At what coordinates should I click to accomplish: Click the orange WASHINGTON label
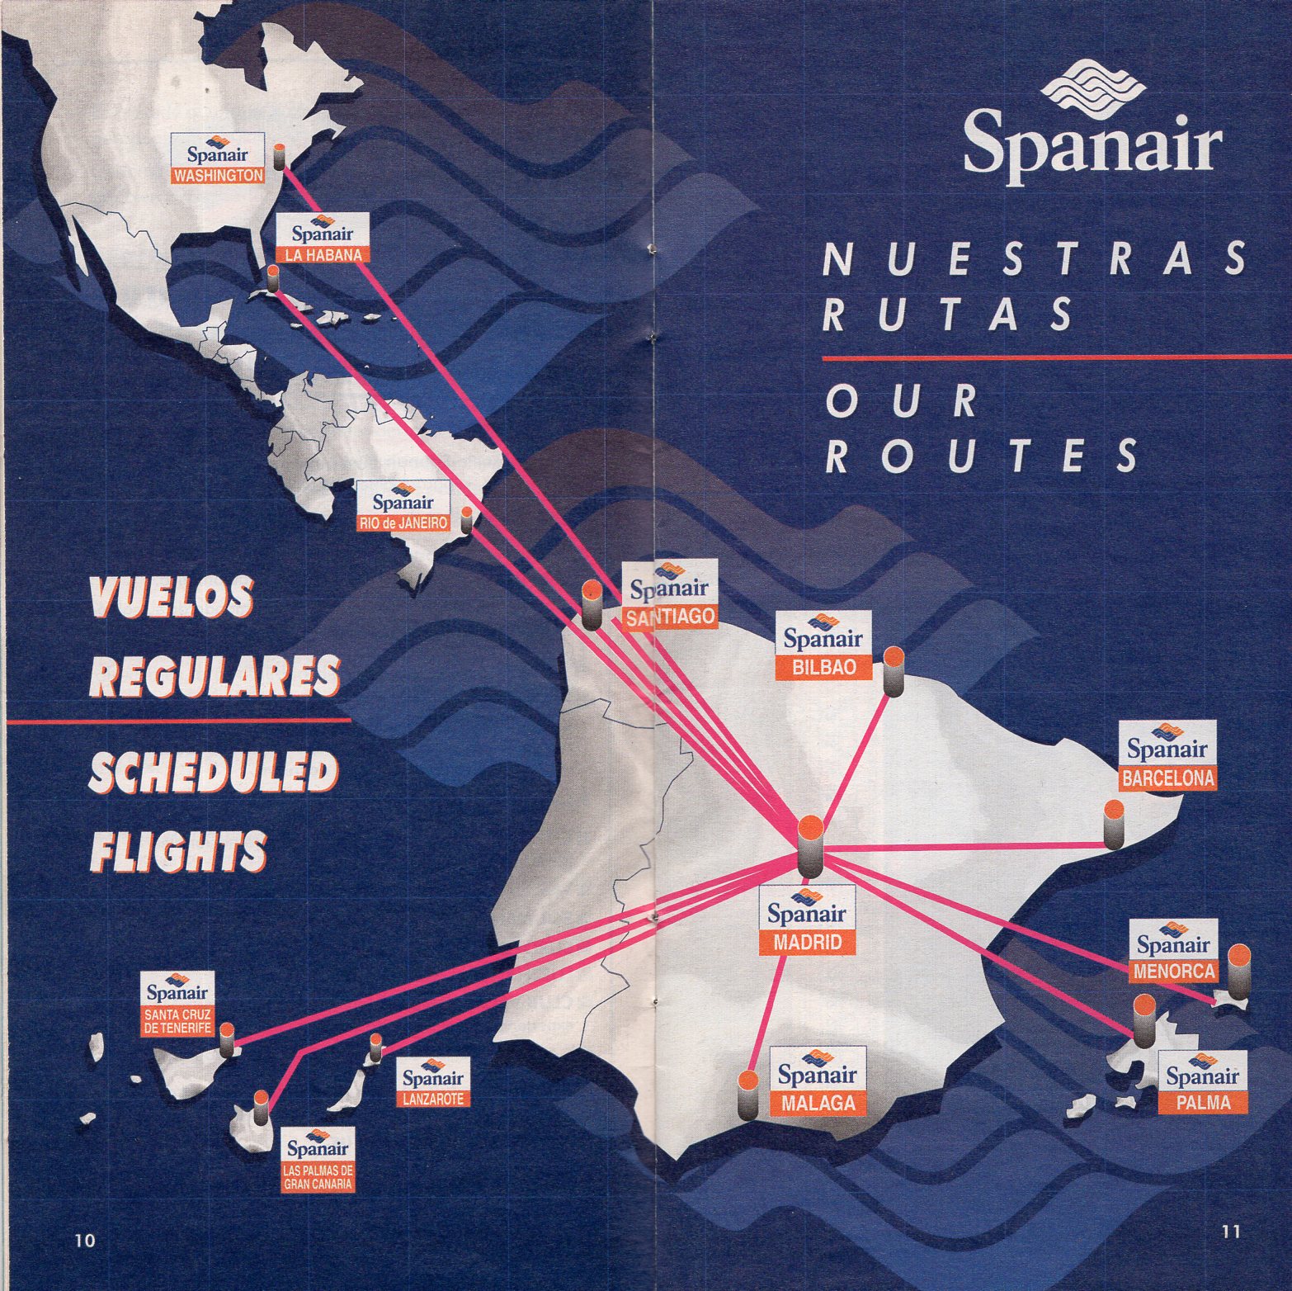pyautogui.click(x=219, y=176)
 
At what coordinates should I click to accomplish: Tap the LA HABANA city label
pyautogui.click(x=323, y=255)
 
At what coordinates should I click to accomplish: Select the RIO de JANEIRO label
pyautogui.click(x=403, y=523)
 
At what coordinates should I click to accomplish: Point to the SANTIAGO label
pyautogui.click(x=669, y=617)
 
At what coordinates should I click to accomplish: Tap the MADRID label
pyautogui.click(x=808, y=942)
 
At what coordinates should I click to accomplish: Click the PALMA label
pyautogui.click(x=1199, y=1102)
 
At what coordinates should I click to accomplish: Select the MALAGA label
pyautogui.click(x=817, y=1103)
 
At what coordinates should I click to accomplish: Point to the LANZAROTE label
pyautogui.click(x=433, y=1099)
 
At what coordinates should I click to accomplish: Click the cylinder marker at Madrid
pyautogui.click(x=810, y=846)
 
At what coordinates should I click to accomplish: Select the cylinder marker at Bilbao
pyautogui.click(x=894, y=673)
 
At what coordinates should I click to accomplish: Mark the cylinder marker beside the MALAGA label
pyautogui.click(x=747, y=1096)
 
